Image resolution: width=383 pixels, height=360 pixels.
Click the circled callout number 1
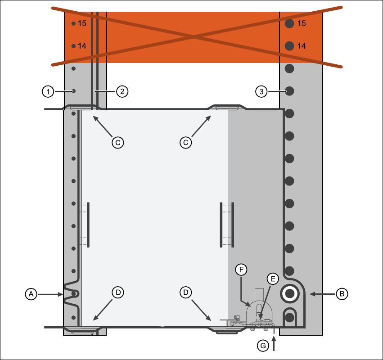click(x=48, y=91)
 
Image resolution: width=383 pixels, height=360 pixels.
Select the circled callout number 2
click(x=122, y=91)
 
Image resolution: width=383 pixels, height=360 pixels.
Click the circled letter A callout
click(x=31, y=294)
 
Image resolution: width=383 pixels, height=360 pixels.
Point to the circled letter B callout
click(x=342, y=294)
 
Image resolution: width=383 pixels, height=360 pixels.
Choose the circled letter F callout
click(x=242, y=270)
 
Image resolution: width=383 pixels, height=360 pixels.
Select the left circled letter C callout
click(x=117, y=142)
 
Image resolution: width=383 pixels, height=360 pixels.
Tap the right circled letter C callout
click(x=185, y=142)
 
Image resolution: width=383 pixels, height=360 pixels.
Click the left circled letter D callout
click(x=117, y=292)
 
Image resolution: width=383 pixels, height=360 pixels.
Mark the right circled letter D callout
click(x=185, y=292)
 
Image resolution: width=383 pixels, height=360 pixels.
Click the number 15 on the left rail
click(x=82, y=23)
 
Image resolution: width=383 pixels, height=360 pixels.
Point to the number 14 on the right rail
click(x=302, y=46)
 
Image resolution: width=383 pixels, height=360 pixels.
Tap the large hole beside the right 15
click(x=289, y=23)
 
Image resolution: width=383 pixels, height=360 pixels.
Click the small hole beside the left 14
click(x=74, y=46)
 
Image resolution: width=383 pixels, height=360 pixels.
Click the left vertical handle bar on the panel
click(x=88, y=225)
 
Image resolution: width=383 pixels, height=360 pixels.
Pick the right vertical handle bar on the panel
click(x=221, y=225)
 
